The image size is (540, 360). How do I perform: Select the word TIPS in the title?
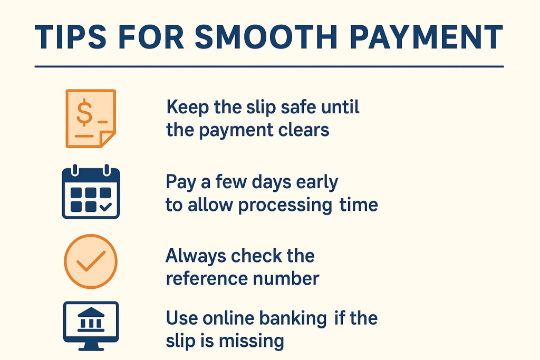[x=66, y=37]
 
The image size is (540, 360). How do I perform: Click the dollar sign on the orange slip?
[x=83, y=113]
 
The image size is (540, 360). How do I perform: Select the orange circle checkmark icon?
[x=90, y=261]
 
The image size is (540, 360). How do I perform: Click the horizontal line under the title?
[x=269, y=67]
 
